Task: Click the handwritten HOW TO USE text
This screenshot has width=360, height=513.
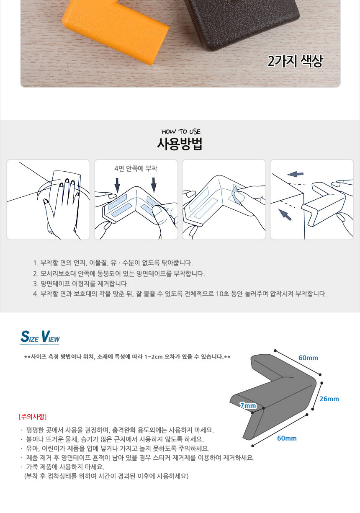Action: [181, 131]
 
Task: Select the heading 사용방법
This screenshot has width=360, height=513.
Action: [180, 144]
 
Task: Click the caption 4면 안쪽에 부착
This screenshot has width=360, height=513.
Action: [136, 168]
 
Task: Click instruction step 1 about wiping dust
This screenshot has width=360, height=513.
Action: [113, 263]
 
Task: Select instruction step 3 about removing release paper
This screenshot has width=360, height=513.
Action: [81, 284]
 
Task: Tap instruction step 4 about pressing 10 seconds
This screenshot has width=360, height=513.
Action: [180, 294]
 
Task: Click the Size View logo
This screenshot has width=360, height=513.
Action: [40, 337]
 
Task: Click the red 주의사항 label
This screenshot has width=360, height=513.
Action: [33, 416]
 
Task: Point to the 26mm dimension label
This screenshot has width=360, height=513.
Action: [329, 399]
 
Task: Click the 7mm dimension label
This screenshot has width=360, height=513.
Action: [248, 406]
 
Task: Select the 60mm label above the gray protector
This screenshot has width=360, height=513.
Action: [308, 358]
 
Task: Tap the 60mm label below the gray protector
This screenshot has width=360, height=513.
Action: [287, 438]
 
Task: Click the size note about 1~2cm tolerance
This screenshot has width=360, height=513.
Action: [127, 357]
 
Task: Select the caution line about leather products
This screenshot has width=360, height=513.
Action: [65, 467]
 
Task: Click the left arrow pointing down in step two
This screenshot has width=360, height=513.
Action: [117, 185]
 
